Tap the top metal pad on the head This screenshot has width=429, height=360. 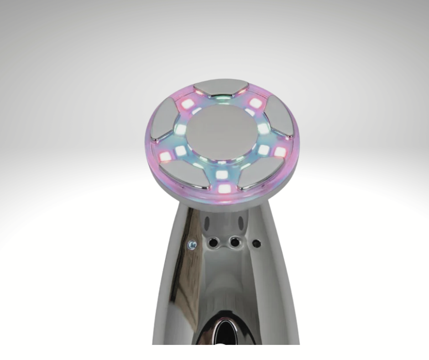(221, 88)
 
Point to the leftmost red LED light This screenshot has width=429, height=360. (164, 157)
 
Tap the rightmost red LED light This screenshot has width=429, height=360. (280, 152)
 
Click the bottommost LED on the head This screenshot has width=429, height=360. (224, 188)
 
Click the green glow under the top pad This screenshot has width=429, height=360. (221, 100)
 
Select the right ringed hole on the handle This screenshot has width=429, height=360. (235, 241)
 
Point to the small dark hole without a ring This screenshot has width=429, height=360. (256, 243)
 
